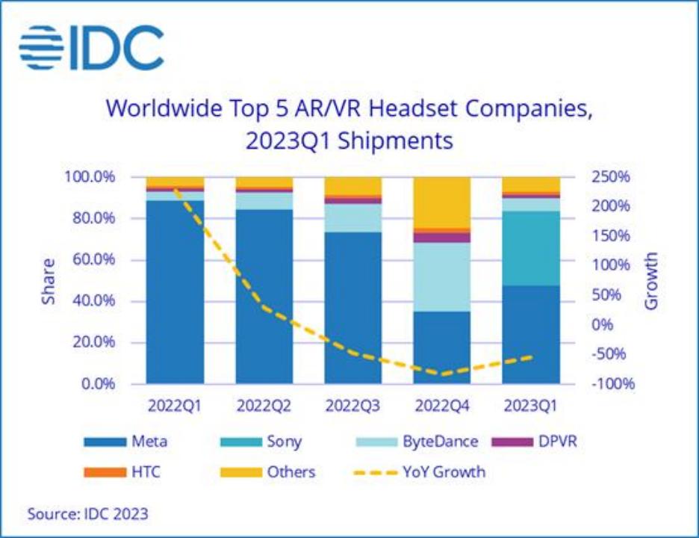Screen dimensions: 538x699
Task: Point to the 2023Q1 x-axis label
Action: coord(530,406)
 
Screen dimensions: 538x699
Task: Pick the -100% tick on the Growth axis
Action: coord(610,384)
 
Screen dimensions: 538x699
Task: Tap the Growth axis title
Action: coord(652,281)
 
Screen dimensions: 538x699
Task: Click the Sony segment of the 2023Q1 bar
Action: coord(530,248)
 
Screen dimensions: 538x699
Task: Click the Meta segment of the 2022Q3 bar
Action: coord(352,306)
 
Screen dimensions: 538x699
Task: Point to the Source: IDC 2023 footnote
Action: coord(87,514)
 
